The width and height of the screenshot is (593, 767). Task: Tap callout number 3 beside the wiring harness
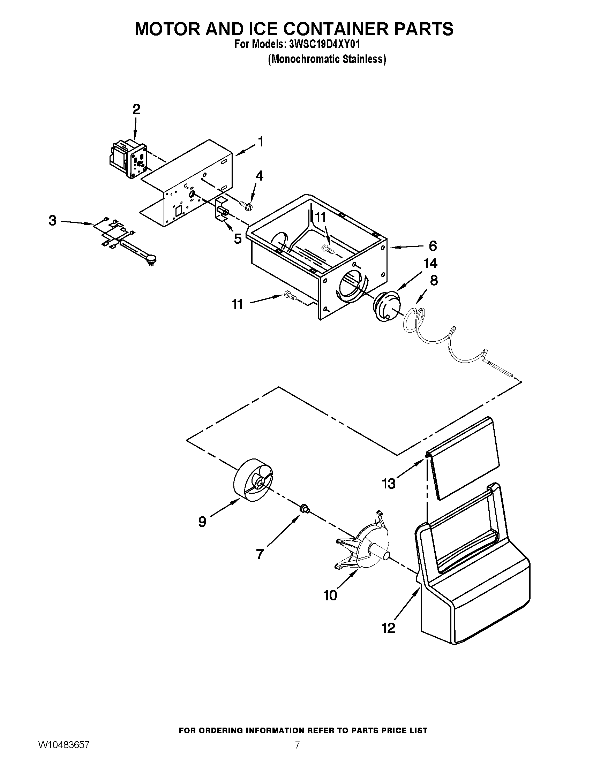click(x=52, y=221)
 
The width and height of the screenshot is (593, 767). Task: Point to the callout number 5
click(x=238, y=239)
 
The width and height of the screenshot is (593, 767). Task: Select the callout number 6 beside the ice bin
click(x=433, y=246)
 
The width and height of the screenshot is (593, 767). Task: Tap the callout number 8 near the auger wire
click(x=434, y=281)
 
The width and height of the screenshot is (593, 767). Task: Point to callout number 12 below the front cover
click(x=389, y=628)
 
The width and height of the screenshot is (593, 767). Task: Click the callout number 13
click(x=389, y=484)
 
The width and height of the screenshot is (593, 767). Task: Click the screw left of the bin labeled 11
click(x=291, y=296)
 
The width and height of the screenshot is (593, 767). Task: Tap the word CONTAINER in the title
click(x=337, y=29)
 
